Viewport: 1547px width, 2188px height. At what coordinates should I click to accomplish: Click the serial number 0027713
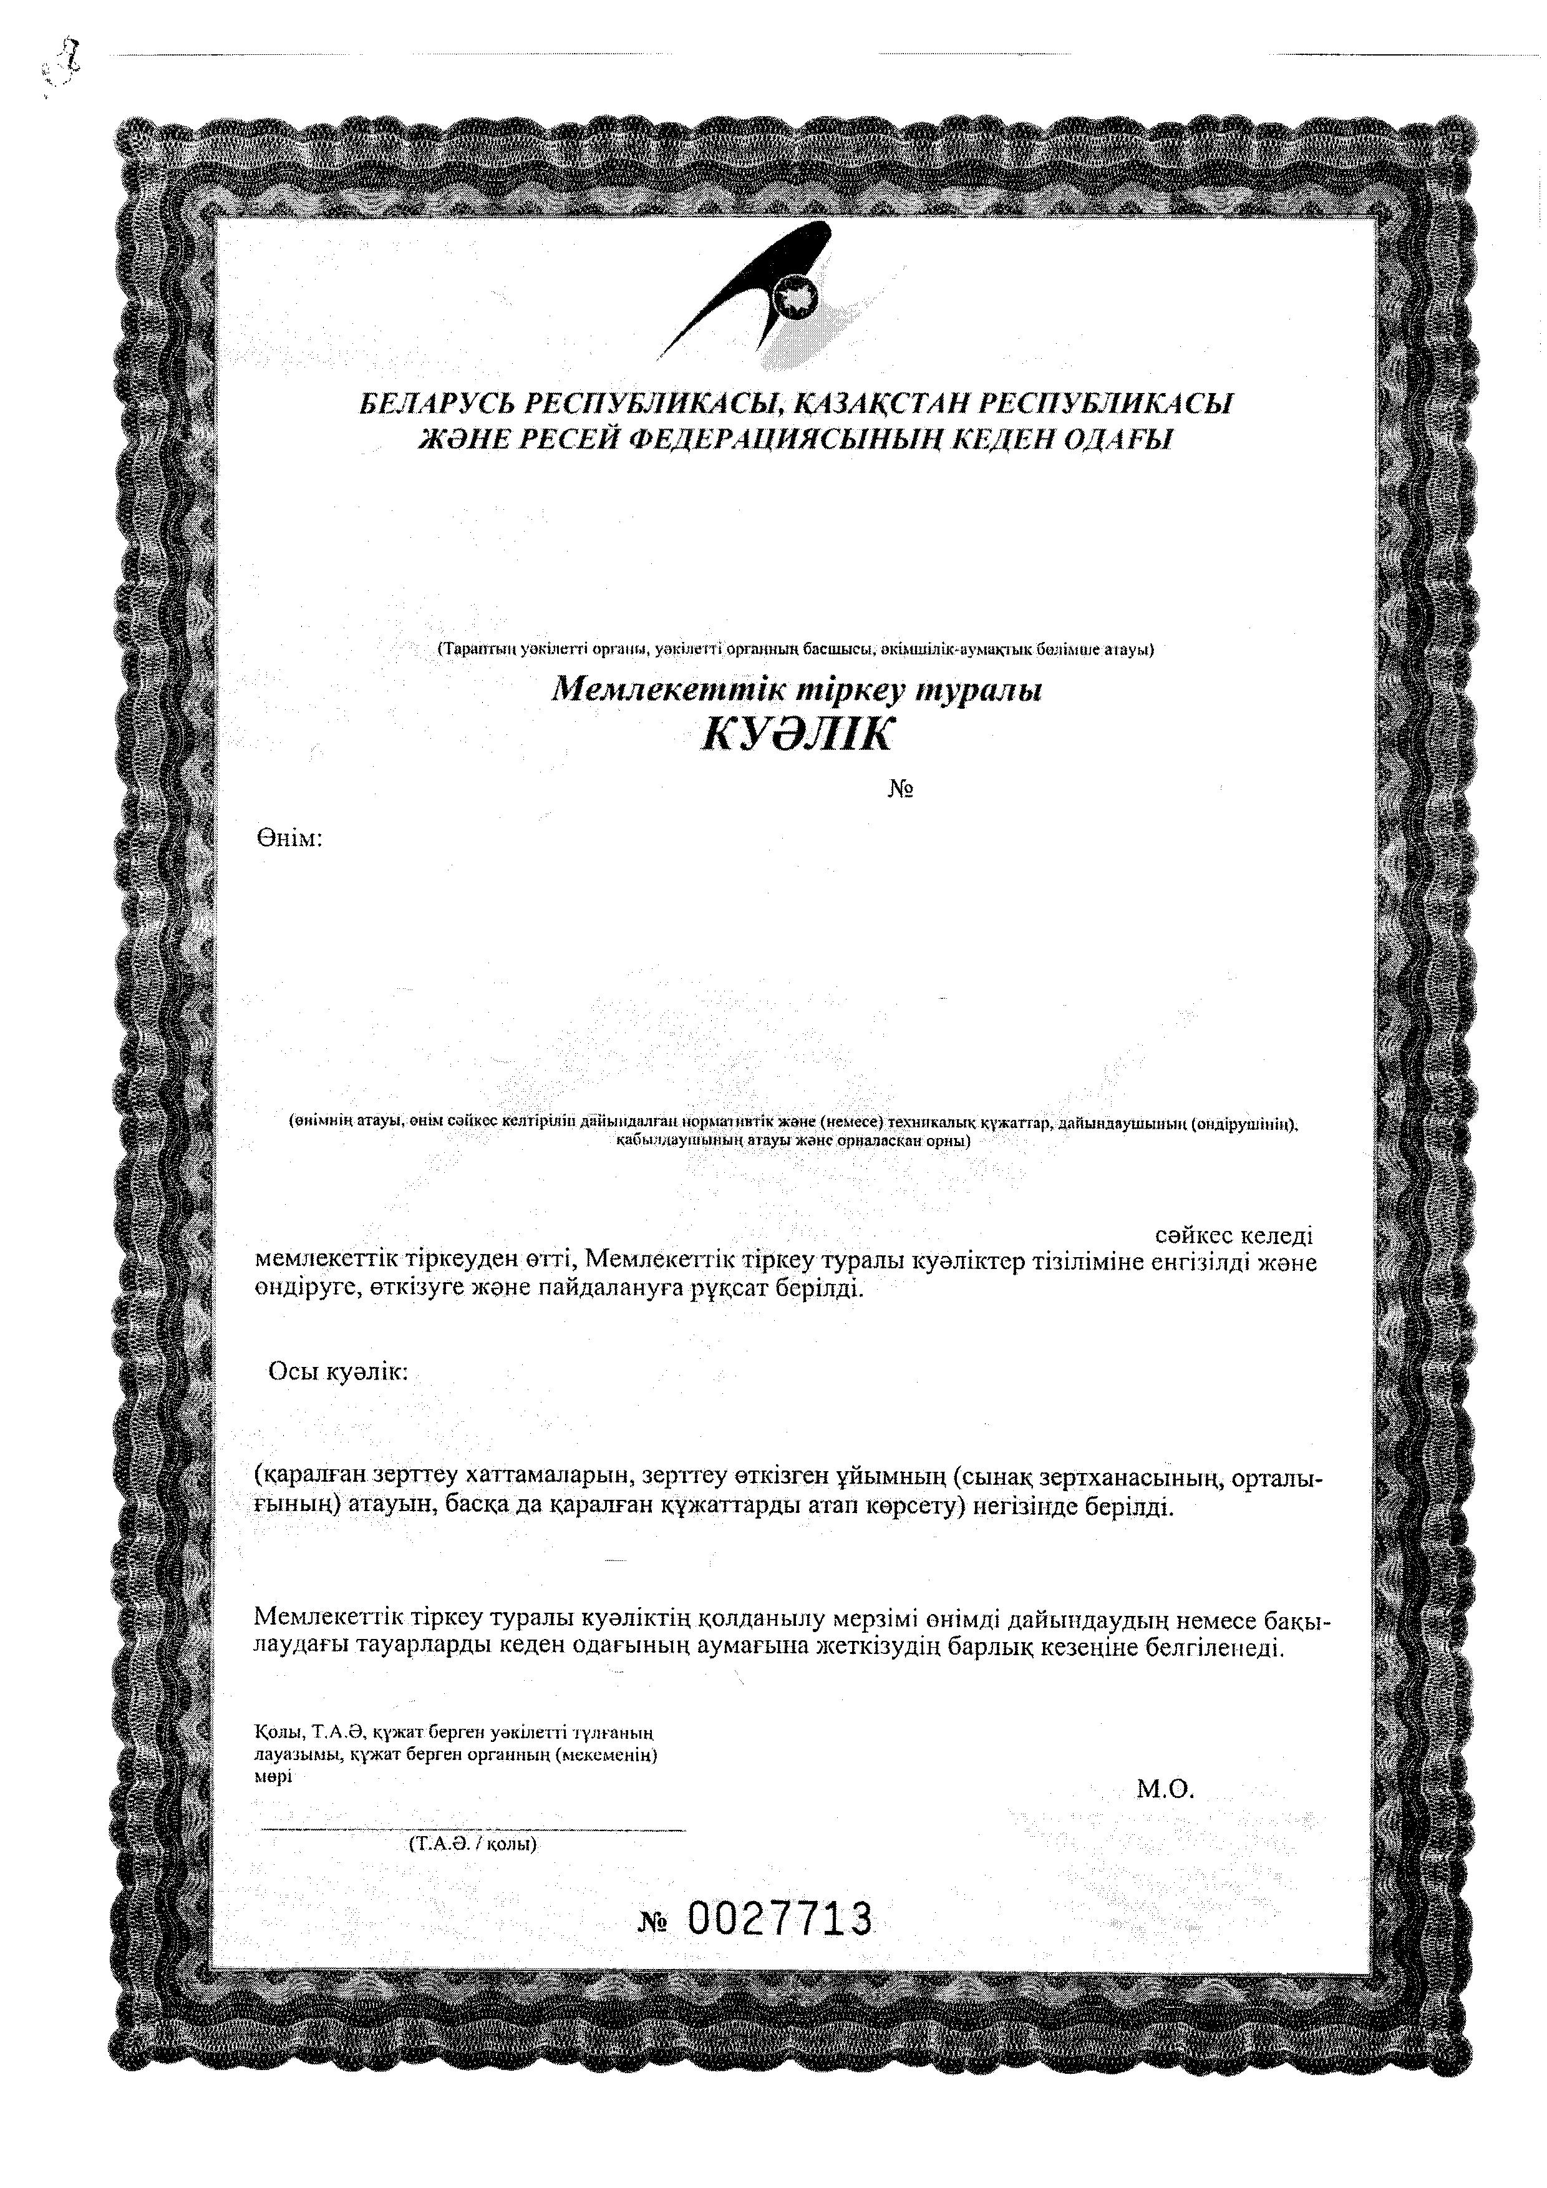pos(779,1919)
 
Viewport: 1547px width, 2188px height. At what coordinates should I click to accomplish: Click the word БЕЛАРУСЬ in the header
pos(434,404)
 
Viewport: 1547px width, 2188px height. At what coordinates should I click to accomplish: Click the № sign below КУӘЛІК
pos(901,790)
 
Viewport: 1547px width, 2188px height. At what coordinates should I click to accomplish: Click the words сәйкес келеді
pos(1234,1236)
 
